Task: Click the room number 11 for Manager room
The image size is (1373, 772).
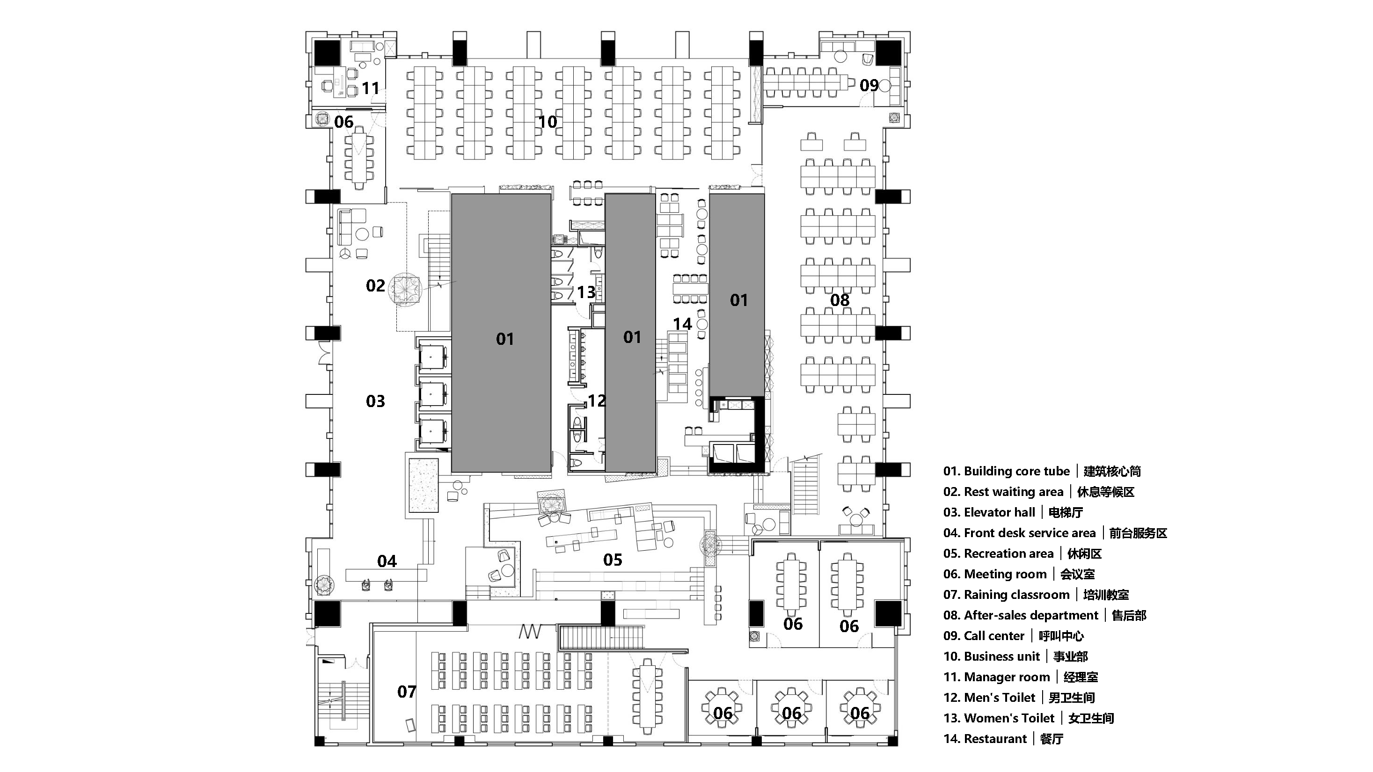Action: pyautogui.click(x=371, y=88)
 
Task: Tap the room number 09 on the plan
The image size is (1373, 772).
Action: pyautogui.click(x=869, y=85)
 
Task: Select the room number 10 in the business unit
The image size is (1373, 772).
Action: pyautogui.click(x=548, y=122)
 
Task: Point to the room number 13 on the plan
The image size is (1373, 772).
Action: pyautogui.click(x=586, y=292)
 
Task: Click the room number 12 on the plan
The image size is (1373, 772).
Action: pyautogui.click(x=597, y=401)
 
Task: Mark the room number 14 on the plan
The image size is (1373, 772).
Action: pyautogui.click(x=682, y=324)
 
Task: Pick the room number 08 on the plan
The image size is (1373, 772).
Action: pyautogui.click(x=840, y=300)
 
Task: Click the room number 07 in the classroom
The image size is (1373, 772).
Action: pyautogui.click(x=407, y=692)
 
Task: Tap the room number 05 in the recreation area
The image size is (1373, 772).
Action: pyautogui.click(x=613, y=560)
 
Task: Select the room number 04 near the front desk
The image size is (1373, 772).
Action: pyautogui.click(x=387, y=561)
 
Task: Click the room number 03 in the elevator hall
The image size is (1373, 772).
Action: pyautogui.click(x=375, y=401)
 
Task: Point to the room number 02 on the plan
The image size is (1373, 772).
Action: pyautogui.click(x=375, y=285)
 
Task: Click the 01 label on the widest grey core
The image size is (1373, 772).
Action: pyautogui.click(x=505, y=339)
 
